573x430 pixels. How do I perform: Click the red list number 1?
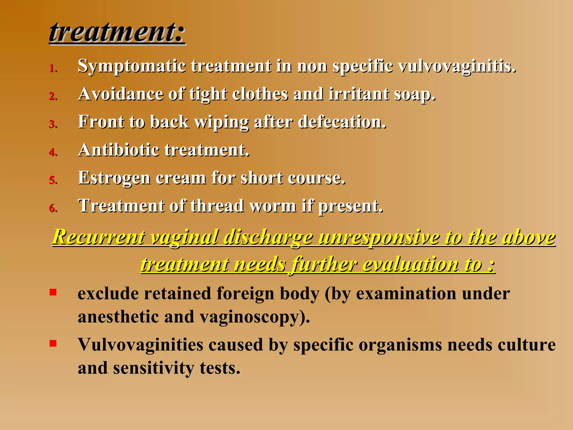[53, 68]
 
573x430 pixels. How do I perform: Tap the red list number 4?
[53, 152]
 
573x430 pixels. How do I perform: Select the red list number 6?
[53, 208]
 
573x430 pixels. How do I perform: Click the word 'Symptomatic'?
[131, 67]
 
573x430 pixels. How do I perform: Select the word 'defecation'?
[342, 122]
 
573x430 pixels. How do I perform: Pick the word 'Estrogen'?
[114, 178]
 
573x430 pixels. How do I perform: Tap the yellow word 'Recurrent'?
[98, 237]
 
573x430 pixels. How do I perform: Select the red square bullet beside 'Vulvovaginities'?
[53, 343]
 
